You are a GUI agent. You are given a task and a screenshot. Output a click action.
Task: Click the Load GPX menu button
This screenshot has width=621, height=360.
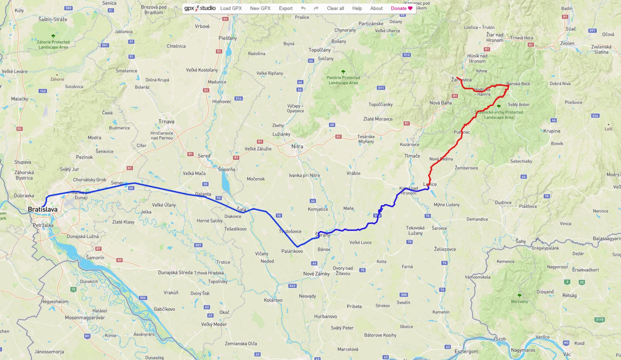coord(231,8)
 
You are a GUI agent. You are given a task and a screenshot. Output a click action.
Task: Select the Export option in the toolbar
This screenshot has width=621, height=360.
coord(286,8)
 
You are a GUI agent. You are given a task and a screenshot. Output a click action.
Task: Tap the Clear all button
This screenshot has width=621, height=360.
coord(335,8)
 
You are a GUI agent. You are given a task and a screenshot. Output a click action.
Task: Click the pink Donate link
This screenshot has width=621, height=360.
coord(401,8)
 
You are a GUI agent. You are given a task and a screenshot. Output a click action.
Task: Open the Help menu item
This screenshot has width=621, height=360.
coord(357,8)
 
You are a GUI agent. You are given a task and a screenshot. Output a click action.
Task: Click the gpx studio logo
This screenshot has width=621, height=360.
coord(200,8)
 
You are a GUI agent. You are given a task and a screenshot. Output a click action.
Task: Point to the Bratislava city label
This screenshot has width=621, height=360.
coord(42,209)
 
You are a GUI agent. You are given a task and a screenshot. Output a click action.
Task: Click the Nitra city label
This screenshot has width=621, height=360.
coord(297,147)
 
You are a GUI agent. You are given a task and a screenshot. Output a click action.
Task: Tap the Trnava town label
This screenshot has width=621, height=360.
coord(166,122)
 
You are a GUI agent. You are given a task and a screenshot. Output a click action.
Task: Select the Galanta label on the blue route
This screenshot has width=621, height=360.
coord(203,194)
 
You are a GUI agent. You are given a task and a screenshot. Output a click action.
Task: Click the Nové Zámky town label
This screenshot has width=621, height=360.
coord(316,274)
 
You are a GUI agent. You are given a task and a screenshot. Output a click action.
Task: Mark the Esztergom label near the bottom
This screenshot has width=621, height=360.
coord(466,351)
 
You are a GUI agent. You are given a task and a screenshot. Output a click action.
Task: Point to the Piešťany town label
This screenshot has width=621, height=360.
coord(227,38)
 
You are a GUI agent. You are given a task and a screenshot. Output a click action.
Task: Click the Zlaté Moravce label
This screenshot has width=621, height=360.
coord(378,119)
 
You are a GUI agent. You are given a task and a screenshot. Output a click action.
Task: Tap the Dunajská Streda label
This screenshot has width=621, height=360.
coord(175,272)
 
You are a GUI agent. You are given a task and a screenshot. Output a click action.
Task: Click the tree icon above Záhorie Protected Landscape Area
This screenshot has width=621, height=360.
coord(53,36)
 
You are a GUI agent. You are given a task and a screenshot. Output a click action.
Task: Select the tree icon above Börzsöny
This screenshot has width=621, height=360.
coord(519,295)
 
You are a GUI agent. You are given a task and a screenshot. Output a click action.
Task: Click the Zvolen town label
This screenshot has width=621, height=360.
coord(567,43)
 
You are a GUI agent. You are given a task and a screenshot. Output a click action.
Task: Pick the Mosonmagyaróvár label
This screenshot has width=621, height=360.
coord(85,318)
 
